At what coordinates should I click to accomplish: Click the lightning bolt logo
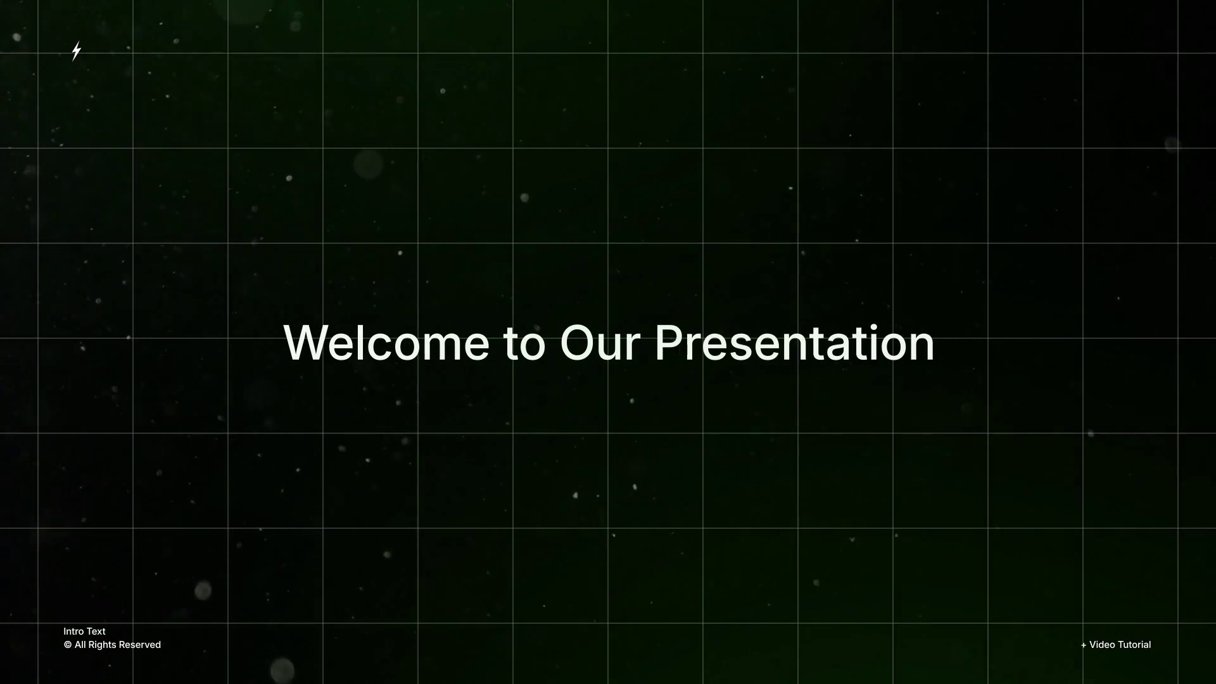point(77,51)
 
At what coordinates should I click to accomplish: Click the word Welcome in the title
point(386,343)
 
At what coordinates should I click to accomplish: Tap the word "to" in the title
point(524,345)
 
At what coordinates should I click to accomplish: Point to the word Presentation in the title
point(794,343)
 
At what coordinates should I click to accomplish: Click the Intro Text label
point(84,631)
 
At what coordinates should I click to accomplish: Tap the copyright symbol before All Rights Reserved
point(68,645)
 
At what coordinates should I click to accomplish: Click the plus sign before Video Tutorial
point(1084,645)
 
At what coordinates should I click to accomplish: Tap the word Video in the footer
point(1102,645)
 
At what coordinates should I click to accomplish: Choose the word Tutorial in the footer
point(1134,645)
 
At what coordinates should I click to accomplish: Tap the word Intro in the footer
point(73,631)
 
